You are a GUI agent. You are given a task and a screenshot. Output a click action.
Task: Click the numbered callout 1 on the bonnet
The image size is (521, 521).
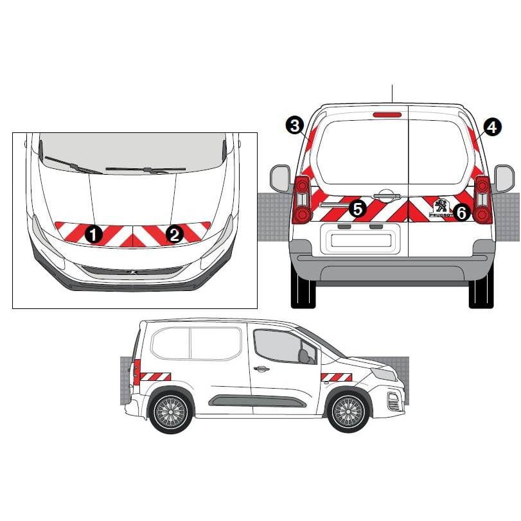(93, 234)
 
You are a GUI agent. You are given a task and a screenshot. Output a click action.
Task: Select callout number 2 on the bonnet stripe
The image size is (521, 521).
(175, 234)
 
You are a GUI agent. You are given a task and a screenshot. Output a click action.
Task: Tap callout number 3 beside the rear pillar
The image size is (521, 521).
(295, 126)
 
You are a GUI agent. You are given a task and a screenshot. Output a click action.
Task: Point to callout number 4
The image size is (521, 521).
(493, 127)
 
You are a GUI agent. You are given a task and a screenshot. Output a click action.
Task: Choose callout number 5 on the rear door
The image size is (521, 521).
(358, 209)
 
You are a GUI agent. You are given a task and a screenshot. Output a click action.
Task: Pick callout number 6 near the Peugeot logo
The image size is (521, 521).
(462, 212)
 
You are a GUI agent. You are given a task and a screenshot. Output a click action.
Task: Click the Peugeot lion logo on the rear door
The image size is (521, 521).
(441, 207)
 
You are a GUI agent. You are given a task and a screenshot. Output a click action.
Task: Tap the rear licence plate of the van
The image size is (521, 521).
(361, 240)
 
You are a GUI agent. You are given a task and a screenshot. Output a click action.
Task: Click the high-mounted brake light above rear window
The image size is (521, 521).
(387, 115)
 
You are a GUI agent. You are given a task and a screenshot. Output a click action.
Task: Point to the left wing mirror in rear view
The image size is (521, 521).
(280, 179)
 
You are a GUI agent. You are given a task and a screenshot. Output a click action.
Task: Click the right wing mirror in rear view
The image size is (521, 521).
(504, 179)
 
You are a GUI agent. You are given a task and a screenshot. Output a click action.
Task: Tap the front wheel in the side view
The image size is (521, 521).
(349, 412)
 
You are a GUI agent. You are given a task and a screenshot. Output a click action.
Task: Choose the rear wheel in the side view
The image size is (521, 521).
(170, 412)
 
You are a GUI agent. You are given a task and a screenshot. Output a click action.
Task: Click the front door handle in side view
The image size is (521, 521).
(261, 369)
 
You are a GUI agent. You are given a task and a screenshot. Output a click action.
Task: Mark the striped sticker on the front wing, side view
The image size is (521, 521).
(336, 377)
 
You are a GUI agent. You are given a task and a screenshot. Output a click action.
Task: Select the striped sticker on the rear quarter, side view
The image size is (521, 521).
(155, 377)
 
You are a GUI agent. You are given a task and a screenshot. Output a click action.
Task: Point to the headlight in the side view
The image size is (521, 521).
(384, 375)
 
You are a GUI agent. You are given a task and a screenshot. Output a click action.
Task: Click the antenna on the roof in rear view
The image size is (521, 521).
(393, 94)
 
